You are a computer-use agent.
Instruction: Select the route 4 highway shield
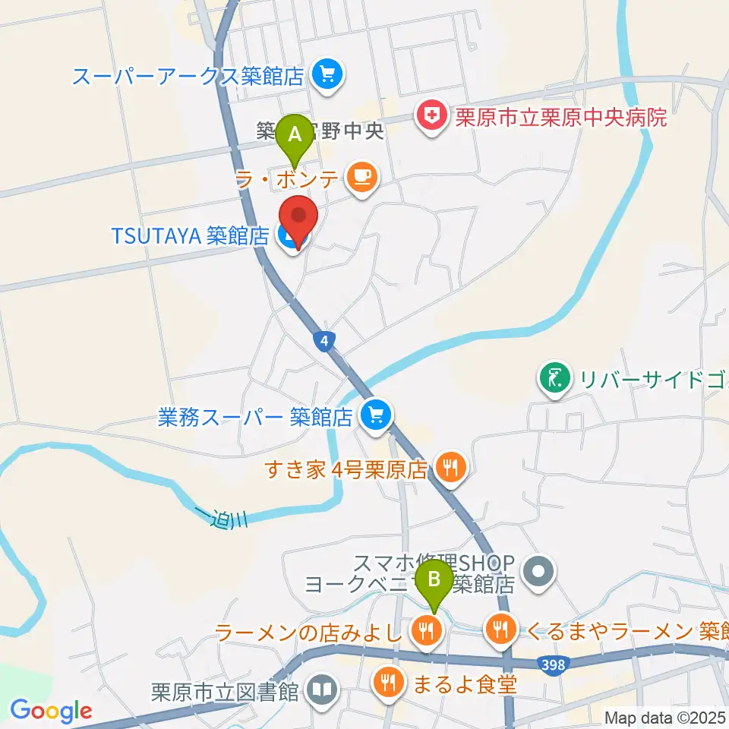325,342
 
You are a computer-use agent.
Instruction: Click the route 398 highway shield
553,665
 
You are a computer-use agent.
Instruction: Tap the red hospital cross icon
431,117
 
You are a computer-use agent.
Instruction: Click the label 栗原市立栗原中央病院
560,118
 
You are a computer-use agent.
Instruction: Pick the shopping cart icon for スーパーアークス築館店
328,75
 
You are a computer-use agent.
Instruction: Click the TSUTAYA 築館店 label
190,236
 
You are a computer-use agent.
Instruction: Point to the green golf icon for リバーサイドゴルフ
555,377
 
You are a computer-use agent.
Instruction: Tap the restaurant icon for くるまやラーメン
499,628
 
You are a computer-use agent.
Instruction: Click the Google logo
51,711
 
